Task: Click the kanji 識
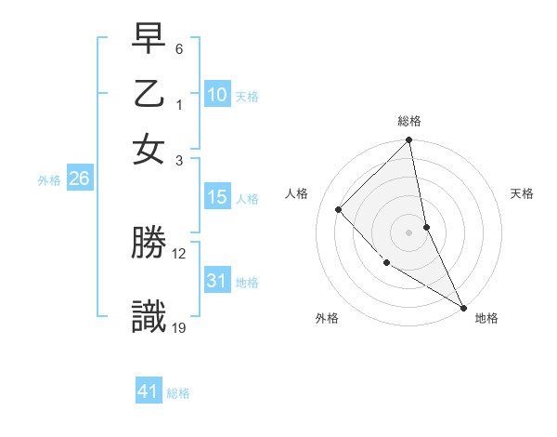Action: tap(149, 317)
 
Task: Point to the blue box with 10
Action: tap(216, 94)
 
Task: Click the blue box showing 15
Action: tap(216, 197)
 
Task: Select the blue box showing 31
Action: tap(216, 280)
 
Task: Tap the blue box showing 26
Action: tap(79, 179)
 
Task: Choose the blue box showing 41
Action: tap(149, 391)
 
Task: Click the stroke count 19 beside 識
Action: tap(180, 327)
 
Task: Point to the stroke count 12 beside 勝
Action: tap(179, 253)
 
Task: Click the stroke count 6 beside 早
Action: tap(179, 48)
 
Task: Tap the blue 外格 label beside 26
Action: tap(49, 180)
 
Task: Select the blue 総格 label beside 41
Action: tap(178, 393)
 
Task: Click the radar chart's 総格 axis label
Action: tap(409, 121)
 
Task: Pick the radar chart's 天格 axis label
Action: tap(522, 193)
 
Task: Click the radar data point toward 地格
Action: tap(462, 307)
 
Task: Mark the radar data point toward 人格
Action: tap(339, 209)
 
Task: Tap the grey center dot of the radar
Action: tap(409, 232)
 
